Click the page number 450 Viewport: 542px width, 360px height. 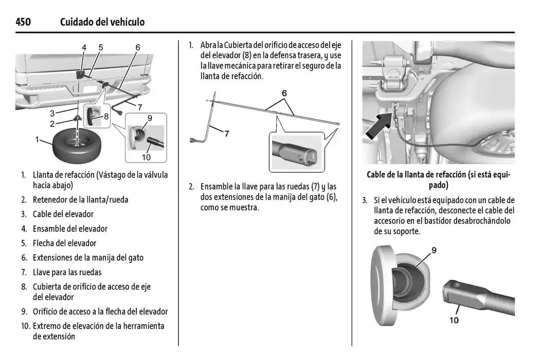tap(23, 22)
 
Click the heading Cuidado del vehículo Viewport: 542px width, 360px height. tap(102, 22)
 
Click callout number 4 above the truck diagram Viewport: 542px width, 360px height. tap(84, 47)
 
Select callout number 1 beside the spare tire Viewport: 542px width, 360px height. tap(37, 139)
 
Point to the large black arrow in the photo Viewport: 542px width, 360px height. tap(380, 125)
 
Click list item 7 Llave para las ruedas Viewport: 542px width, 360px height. tap(67, 272)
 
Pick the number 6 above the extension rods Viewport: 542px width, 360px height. tap(284, 94)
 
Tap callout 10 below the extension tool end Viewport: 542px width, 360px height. tap(454, 320)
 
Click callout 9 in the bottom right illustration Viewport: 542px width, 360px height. tap(434, 250)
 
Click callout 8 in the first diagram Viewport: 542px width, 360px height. tap(106, 116)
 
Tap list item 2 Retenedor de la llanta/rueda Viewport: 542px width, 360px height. tap(80, 200)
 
